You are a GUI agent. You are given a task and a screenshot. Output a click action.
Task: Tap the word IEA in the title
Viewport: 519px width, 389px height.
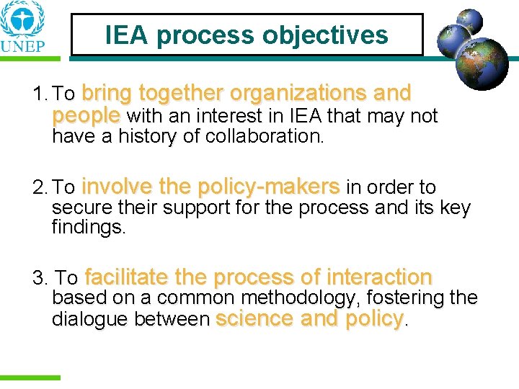[x=128, y=35]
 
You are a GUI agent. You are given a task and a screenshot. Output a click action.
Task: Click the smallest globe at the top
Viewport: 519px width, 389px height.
[x=471, y=21]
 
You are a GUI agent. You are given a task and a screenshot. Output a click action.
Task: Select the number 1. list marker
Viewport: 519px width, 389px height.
[x=40, y=95]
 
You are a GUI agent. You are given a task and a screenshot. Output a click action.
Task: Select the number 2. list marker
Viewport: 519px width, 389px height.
[x=40, y=189]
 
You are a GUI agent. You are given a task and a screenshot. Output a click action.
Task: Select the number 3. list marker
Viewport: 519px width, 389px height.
[x=41, y=278]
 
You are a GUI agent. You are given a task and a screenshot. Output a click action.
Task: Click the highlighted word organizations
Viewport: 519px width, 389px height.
[x=299, y=94]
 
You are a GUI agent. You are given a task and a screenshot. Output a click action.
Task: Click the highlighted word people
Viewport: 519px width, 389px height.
[x=86, y=115]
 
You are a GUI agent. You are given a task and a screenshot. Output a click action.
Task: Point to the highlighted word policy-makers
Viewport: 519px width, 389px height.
[x=269, y=187]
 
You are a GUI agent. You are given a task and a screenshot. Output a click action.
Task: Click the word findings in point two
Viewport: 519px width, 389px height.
[x=89, y=229]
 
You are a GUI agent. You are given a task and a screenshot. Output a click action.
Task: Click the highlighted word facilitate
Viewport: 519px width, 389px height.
[x=127, y=277]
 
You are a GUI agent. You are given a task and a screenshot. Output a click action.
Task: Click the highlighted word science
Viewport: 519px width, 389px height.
[x=254, y=318]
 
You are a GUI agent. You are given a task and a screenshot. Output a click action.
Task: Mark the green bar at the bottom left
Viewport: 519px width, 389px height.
[x=30, y=377]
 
